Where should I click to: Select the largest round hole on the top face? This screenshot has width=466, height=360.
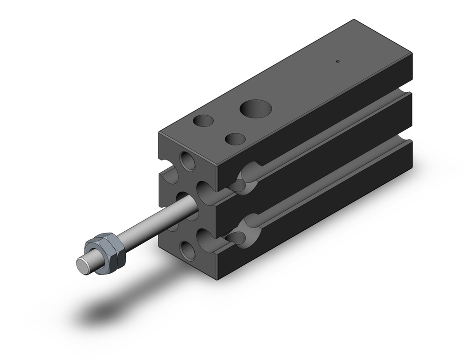[256, 108]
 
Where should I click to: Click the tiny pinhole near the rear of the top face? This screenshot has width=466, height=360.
[339, 61]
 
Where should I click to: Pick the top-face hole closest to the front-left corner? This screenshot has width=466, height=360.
[203, 120]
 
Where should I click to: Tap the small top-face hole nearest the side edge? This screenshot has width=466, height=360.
[235, 138]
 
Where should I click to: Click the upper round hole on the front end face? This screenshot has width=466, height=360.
[188, 160]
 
